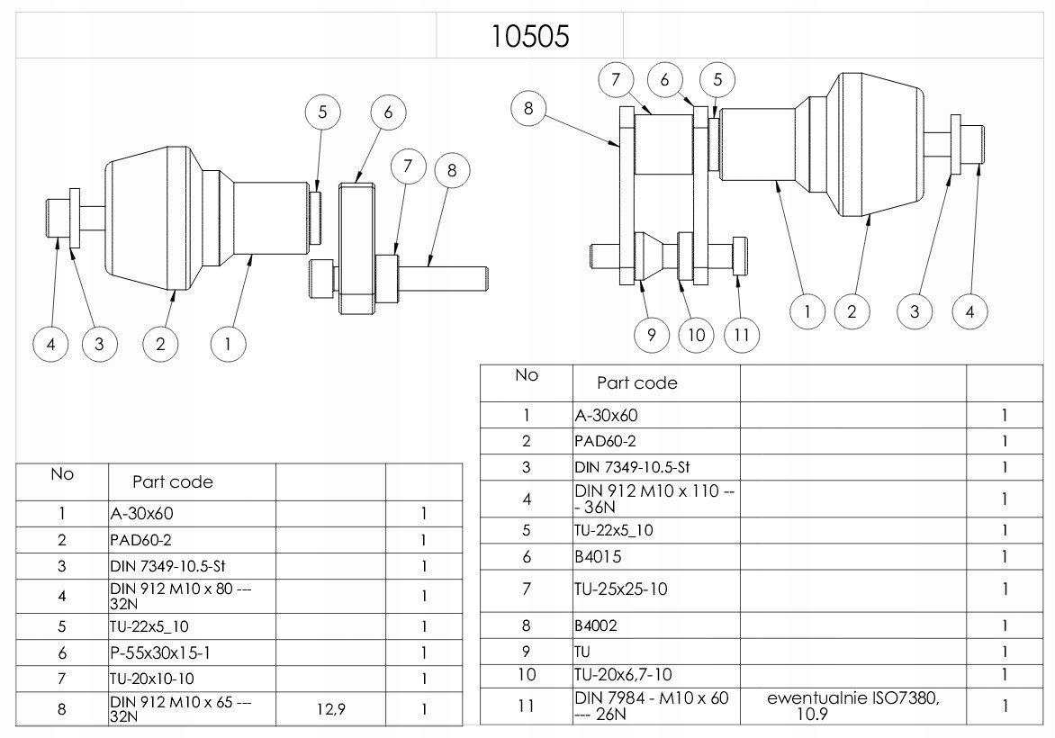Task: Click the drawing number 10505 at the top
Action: click(x=530, y=36)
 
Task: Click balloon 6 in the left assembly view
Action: click(x=388, y=112)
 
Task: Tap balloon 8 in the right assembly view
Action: click(x=528, y=110)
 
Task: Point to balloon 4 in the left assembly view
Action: click(x=51, y=343)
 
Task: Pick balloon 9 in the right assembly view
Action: click(x=651, y=336)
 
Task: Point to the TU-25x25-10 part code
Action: click(x=621, y=589)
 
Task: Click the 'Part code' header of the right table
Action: click(x=637, y=382)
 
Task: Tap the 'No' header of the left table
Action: click(x=62, y=474)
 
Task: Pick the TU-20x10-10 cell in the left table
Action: click(x=152, y=679)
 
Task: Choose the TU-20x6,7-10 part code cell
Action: click(x=623, y=674)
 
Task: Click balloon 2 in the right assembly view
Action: click(x=852, y=311)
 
